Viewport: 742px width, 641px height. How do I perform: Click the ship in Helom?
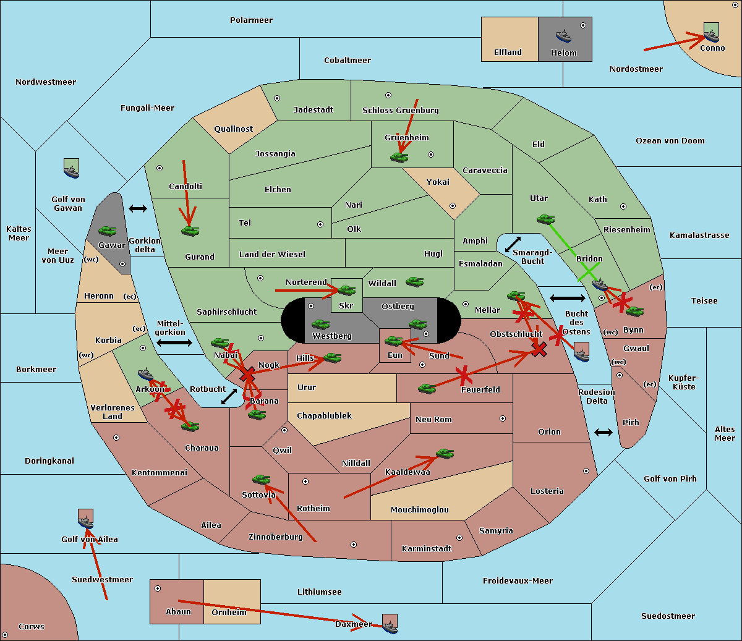[563, 36]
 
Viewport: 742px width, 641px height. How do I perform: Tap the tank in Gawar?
[108, 231]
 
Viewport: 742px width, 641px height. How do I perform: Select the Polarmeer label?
[251, 20]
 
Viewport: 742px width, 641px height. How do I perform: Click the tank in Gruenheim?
[399, 157]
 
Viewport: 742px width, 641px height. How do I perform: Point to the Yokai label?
[438, 182]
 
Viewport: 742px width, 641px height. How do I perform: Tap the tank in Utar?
[545, 219]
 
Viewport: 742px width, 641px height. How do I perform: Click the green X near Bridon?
[589, 272]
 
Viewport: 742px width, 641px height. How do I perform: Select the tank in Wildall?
[415, 282]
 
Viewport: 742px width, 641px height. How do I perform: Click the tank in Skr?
[347, 290]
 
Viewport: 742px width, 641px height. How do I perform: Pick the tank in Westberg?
[320, 324]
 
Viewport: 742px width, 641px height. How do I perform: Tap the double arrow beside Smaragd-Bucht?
[513, 244]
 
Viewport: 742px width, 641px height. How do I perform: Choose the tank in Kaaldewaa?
[445, 453]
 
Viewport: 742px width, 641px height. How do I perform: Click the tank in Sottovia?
[262, 479]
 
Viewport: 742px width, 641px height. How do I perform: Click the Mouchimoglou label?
[420, 509]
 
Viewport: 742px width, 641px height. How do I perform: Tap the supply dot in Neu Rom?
[503, 418]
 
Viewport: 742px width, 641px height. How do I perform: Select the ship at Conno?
[711, 35]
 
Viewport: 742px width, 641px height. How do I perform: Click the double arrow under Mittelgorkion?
[174, 342]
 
